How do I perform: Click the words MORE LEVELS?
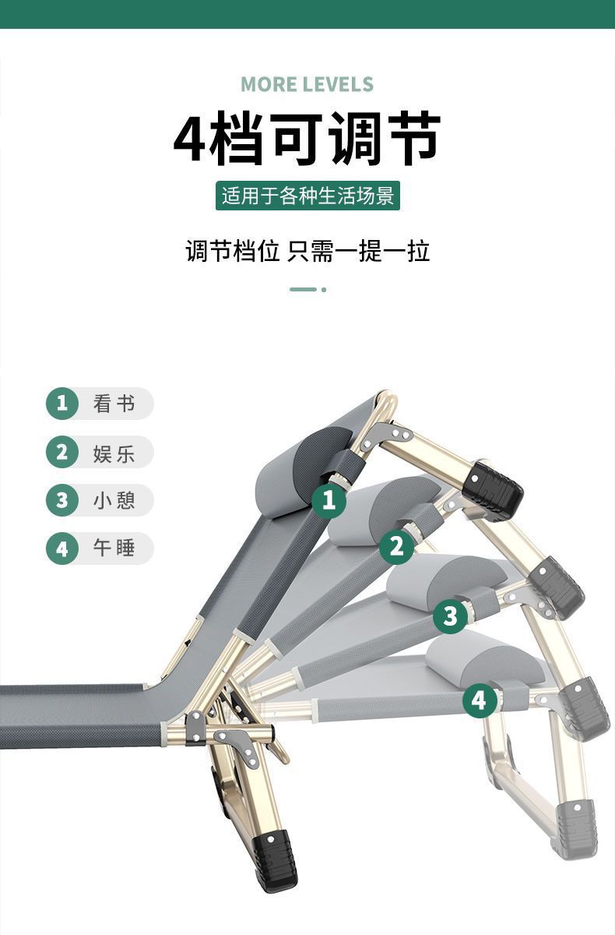pos(307,84)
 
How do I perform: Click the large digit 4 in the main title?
pos(190,138)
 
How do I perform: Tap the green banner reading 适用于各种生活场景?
pos(307,196)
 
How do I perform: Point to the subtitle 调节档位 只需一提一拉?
pos(307,251)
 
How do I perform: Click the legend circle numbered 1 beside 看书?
pos(62,404)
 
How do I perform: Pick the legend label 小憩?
pos(114,500)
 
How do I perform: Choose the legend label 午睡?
pos(114,548)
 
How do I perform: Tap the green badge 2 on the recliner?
pos(396,546)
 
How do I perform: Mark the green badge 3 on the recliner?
pos(450,616)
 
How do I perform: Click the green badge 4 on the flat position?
pos(480,700)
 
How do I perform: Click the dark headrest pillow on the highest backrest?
pos(305,471)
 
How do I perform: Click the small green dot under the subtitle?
pos(324,290)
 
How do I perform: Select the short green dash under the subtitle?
pos(303,290)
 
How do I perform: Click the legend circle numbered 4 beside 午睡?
pos(62,549)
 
